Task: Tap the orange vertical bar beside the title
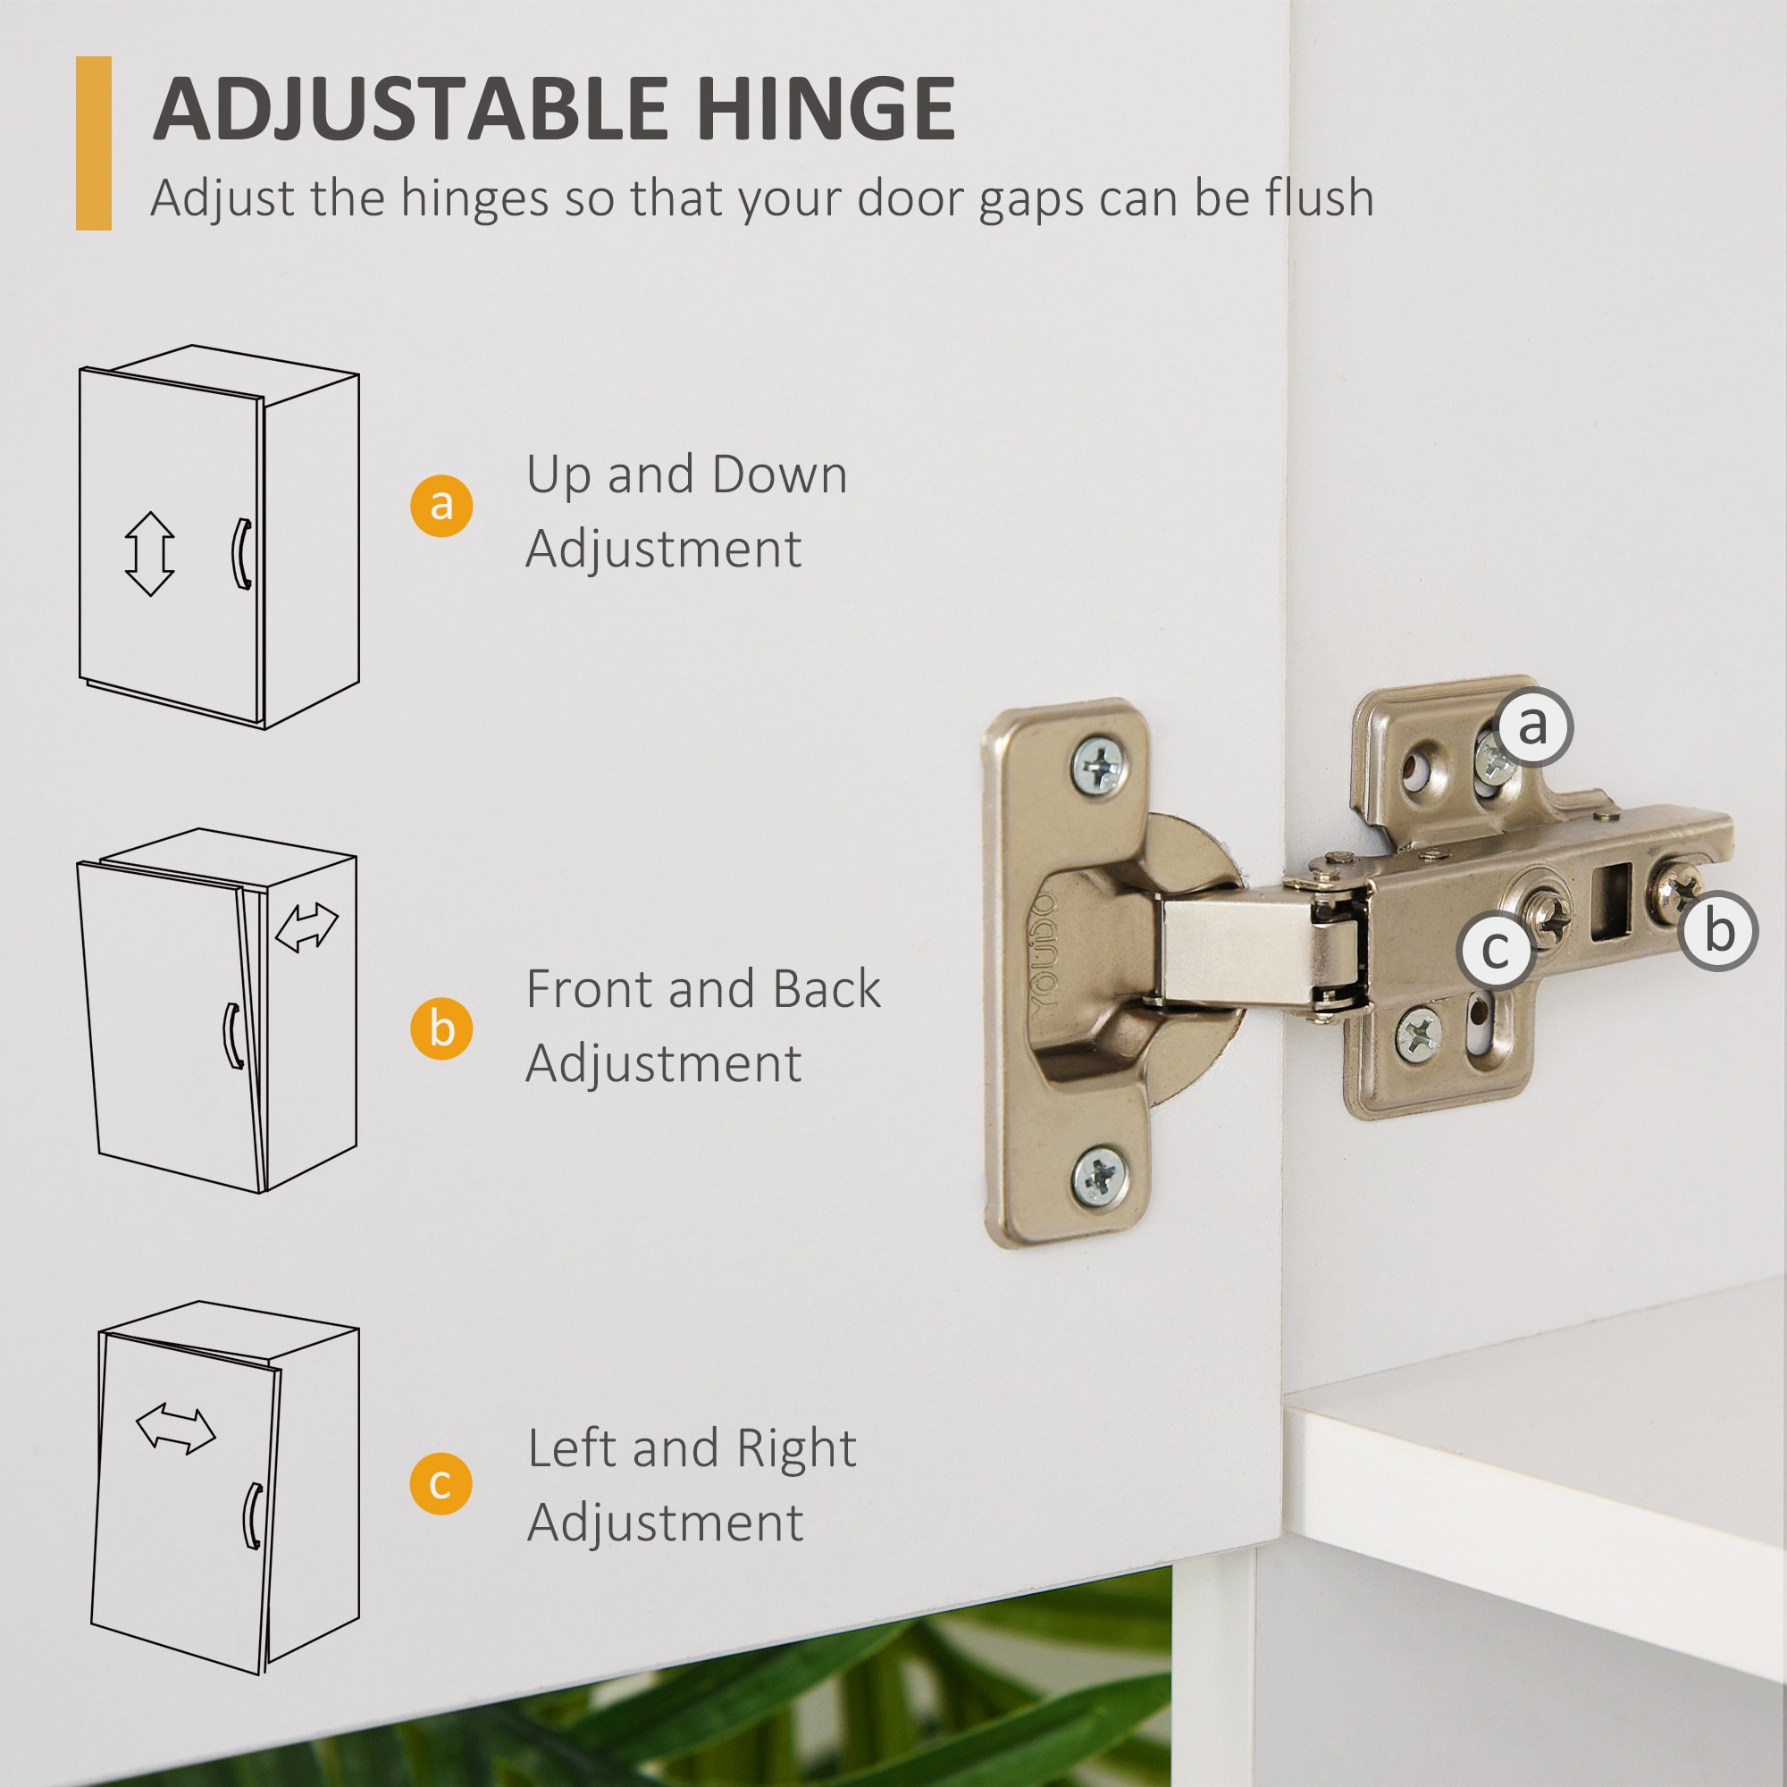[94, 143]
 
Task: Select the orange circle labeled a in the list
[441, 505]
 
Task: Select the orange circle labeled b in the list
[441, 1028]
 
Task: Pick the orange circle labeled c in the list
[441, 1483]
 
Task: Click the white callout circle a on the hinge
[1531, 726]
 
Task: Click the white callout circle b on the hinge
[1718, 930]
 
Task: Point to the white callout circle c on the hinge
[1496, 950]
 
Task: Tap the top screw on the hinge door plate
[1099, 765]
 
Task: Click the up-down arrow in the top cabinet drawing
[150, 554]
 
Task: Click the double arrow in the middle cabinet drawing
[307, 927]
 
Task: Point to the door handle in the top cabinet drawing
[240, 553]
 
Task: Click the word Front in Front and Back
[589, 989]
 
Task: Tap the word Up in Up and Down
[558, 474]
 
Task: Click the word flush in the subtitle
[1317, 198]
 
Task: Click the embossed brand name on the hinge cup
[1043, 952]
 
